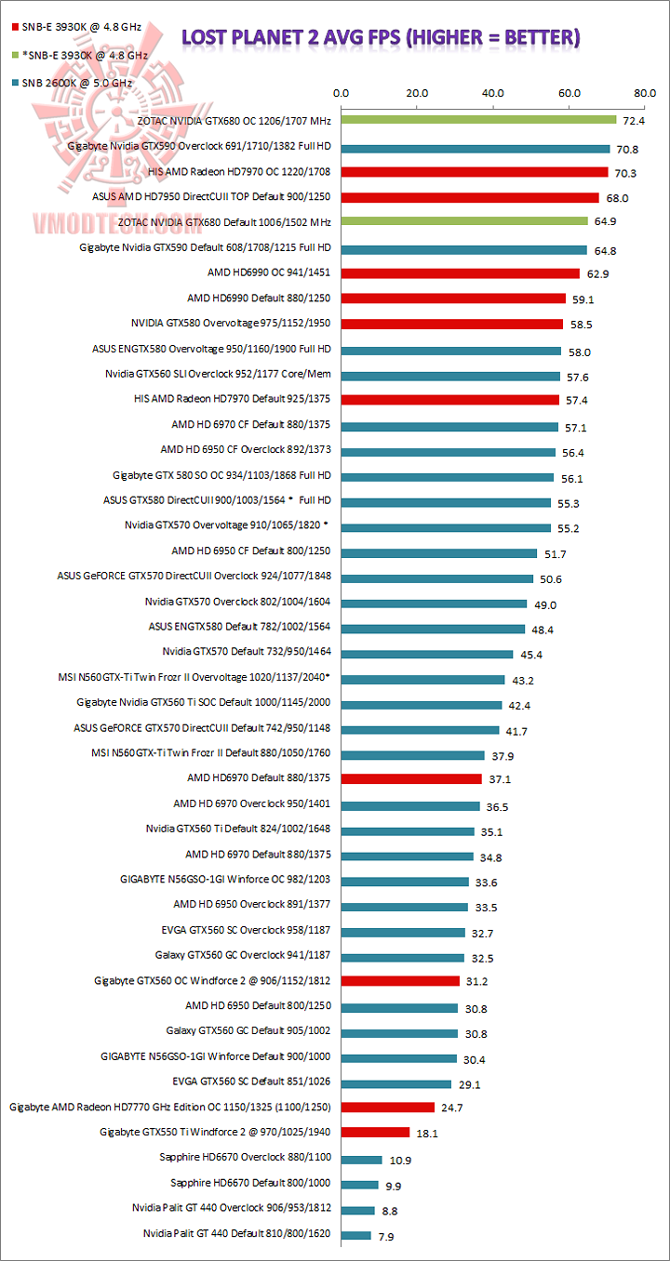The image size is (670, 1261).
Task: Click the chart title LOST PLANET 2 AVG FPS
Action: pyautogui.click(x=381, y=37)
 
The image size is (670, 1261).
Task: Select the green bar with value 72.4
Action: pyautogui.click(x=478, y=120)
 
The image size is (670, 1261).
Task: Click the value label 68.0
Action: pyautogui.click(x=617, y=198)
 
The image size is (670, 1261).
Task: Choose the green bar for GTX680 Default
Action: pyautogui.click(x=464, y=221)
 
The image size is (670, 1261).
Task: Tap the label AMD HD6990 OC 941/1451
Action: pyautogui.click(x=270, y=272)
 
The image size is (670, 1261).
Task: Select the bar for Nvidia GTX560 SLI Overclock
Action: pyautogui.click(x=450, y=376)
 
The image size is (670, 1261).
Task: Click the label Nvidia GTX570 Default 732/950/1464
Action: pyautogui.click(x=247, y=652)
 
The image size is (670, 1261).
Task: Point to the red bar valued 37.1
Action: pyautogui.click(x=411, y=778)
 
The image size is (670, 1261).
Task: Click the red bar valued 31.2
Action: pyautogui.click(x=400, y=980)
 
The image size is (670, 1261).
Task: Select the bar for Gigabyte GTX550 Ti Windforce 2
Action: pyautogui.click(x=375, y=1132)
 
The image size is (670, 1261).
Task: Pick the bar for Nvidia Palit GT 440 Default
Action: pyautogui.click(x=356, y=1235)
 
